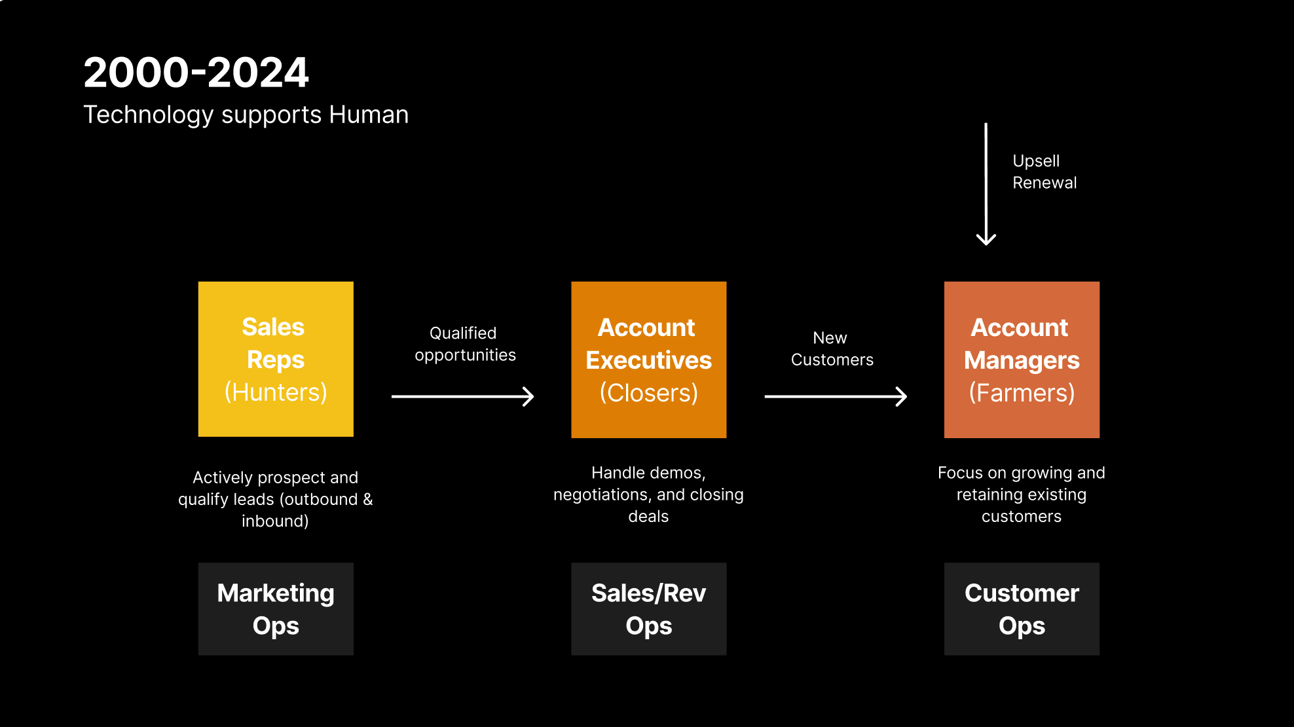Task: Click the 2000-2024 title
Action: point(196,72)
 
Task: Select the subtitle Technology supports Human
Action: point(246,115)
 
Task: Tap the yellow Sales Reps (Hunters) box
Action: point(276,359)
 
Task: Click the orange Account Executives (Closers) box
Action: point(648,360)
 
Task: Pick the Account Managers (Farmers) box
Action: point(1022,360)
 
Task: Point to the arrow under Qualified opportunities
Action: point(462,396)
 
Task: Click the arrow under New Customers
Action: point(836,396)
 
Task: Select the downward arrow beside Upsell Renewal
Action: point(986,184)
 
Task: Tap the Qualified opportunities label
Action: point(465,344)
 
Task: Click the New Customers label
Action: point(832,348)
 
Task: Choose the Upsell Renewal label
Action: point(1044,172)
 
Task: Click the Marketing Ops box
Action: point(276,609)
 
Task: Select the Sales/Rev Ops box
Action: point(648,609)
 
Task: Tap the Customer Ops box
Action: point(1022,609)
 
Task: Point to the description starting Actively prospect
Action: point(275,499)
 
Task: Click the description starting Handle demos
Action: point(648,494)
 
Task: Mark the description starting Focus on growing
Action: point(1022,494)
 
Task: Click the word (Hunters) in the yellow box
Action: point(276,392)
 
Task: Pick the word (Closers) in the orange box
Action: point(648,393)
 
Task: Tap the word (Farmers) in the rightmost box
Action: point(1022,393)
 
